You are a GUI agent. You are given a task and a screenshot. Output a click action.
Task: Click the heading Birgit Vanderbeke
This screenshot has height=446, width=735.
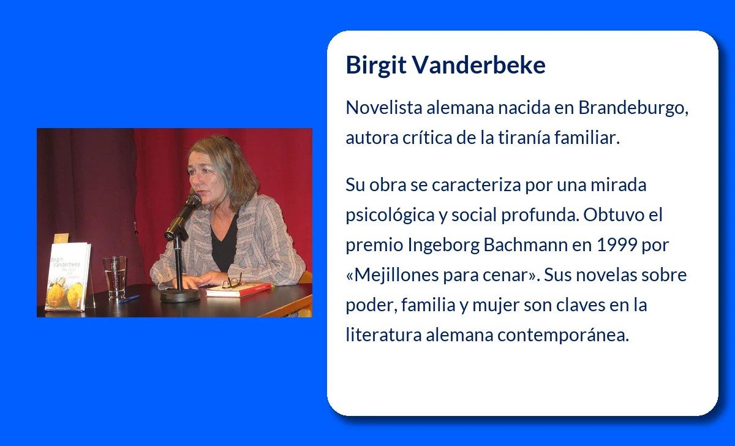(x=445, y=65)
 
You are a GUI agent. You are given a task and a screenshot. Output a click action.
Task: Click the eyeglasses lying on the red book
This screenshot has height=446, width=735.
(x=232, y=282)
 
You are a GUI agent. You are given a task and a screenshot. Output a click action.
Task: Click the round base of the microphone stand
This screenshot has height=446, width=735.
(x=180, y=295)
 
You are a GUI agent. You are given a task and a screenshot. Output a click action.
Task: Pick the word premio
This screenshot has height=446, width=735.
(x=374, y=245)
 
